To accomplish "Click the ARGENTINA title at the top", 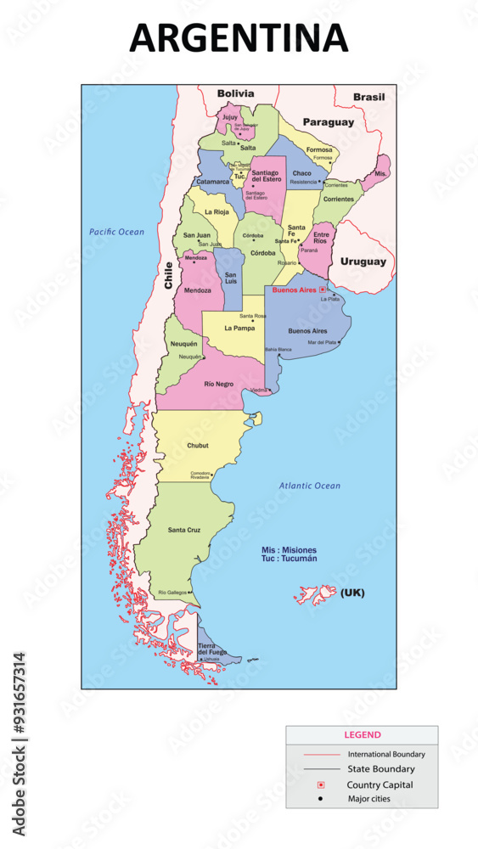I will pyautogui.click(x=239, y=39).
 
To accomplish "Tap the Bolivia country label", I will pyautogui.click(x=235, y=93).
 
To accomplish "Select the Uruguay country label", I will pyautogui.click(x=363, y=261).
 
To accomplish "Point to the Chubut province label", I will pyautogui.click(x=197, y=445).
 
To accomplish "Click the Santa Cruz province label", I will pyautogui.click(x=183, y=530).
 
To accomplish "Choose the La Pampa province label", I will pyautogui.click(x=239, y=327).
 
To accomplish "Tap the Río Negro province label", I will pyautogui.click(x=218, y=384).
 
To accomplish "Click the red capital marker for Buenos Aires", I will pyautogui.click(x=322, y=290).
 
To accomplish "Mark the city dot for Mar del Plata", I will pyautogui.click(x=340, y=342).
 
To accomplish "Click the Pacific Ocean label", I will pyautogui.click(x=117, y=232).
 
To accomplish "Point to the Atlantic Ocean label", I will pyautogui.click(x=310, y=486).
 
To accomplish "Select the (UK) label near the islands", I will pyautogui.click(x=352, y=593).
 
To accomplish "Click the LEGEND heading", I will pyautogui.click(x=362, y=735).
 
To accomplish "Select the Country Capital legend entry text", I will pyautogui.click(x=380, y=784).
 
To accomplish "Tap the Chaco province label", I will pyautogui.click(x=302, y=173).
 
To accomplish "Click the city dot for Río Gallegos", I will pyautogui.click(x=192, y=593).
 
